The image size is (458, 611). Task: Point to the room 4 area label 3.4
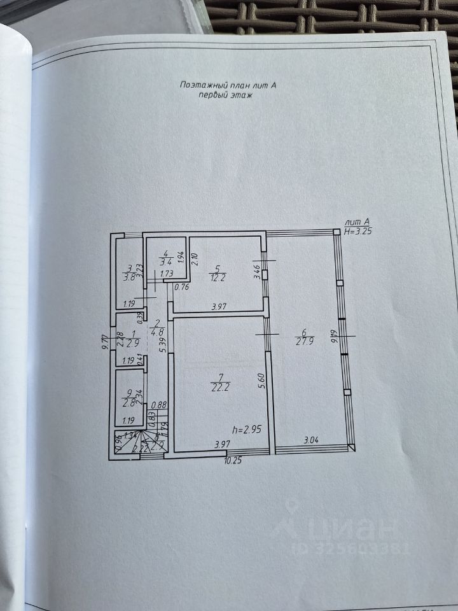166,261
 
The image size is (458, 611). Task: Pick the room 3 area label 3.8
130,277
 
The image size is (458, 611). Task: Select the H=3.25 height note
357,232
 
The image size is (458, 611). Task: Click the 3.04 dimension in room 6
311,439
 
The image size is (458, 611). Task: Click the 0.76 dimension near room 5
182,286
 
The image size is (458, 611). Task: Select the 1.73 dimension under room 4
167,274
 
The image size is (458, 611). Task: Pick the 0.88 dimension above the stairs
160,404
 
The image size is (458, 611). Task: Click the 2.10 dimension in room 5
195,260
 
